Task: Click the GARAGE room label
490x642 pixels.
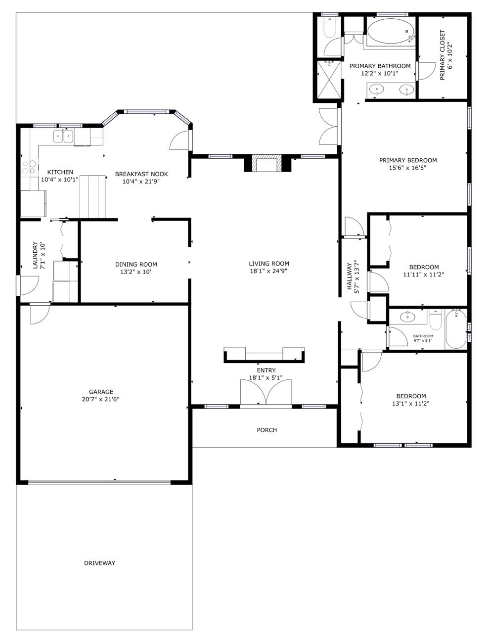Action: coord(101,391)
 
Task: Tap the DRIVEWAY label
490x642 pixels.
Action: coord(99,563)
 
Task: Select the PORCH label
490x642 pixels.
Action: coord(267,430)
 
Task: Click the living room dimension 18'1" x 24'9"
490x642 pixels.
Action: coord(268,271)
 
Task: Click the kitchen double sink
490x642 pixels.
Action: coord(63,136)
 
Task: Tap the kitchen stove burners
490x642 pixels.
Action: coord(30,167)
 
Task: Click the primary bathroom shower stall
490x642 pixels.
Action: coord(329,80)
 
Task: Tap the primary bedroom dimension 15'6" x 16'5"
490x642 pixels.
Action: coord(407,168)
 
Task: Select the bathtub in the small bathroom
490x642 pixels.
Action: coord(456,329)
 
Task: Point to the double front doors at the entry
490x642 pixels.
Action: coord(266,392)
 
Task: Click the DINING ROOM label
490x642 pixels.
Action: coord(136,265)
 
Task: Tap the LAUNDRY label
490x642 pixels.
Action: coord(35,255)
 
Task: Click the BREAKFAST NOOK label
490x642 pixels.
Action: coord(141,174)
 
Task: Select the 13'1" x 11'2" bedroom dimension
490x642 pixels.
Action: coord(411,404)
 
